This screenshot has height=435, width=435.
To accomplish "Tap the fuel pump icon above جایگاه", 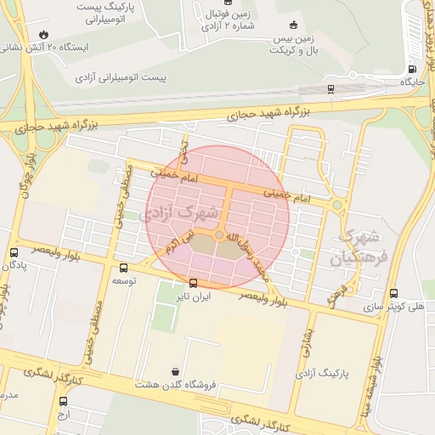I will click(x=412, y=70).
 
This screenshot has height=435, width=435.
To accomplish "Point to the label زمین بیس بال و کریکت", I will click(x=293, y=45).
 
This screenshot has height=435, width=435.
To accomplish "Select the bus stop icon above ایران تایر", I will click(x=194, y=283).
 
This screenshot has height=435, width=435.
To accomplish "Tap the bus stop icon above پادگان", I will click(x=14, y=252).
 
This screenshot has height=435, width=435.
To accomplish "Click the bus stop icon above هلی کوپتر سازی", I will click(x=393, y=293).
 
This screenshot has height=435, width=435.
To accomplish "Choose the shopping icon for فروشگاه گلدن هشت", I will click(x=175, y=371).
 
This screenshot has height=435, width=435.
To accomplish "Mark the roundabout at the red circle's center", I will click(x=219, y=234).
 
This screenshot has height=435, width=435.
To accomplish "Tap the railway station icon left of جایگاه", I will click(x=330, y=86).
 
